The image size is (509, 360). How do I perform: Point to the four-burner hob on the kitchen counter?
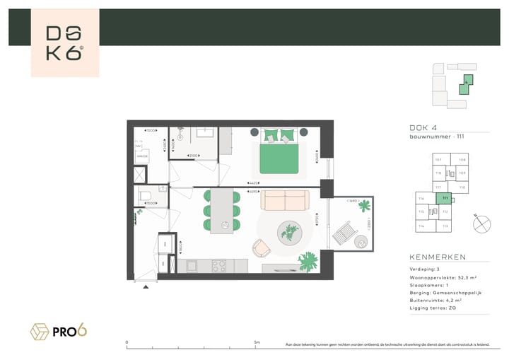point(219,266)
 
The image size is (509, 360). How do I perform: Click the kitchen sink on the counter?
point(192,266)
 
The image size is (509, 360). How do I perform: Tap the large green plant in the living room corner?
point(308,260)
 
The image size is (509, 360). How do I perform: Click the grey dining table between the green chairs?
point(224,211)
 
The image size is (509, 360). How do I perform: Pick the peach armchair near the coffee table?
point(261,247)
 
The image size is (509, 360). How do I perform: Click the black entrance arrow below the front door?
point(146,287)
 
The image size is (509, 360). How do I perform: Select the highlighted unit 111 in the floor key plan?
point(444,199)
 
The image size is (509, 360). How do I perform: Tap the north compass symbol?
point(481,223)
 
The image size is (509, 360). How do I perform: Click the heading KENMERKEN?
point(436,257)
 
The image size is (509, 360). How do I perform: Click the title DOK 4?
point(423,127)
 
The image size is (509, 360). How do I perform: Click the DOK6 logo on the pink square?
point(64,43)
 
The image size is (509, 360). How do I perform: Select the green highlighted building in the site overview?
point(467,86)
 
